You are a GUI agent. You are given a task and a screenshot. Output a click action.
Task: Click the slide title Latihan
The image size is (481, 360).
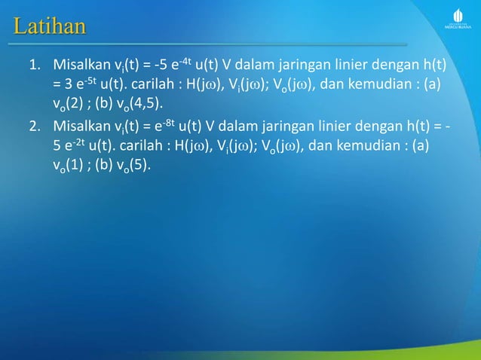[49, 28]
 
